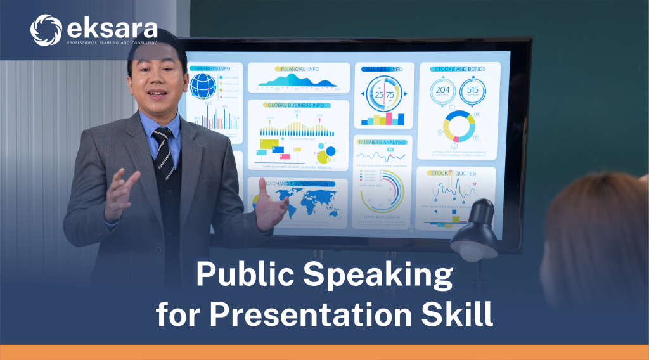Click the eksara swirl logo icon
[46, 30]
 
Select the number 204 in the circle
[442, 91]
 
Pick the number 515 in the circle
[473, 91]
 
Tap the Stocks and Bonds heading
[459, 69]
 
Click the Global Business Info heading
[297, 106]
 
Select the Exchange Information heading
[300, 184]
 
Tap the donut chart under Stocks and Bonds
[459, 126]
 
